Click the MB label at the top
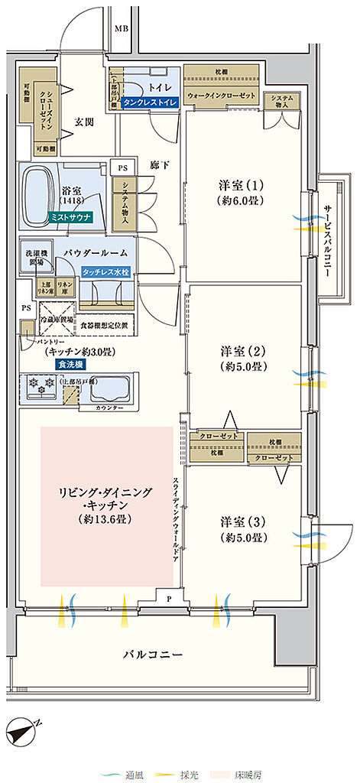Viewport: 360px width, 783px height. coord(121,29)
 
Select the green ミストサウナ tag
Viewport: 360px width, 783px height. coord(70,217)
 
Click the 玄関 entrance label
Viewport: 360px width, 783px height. coord(84,122)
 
